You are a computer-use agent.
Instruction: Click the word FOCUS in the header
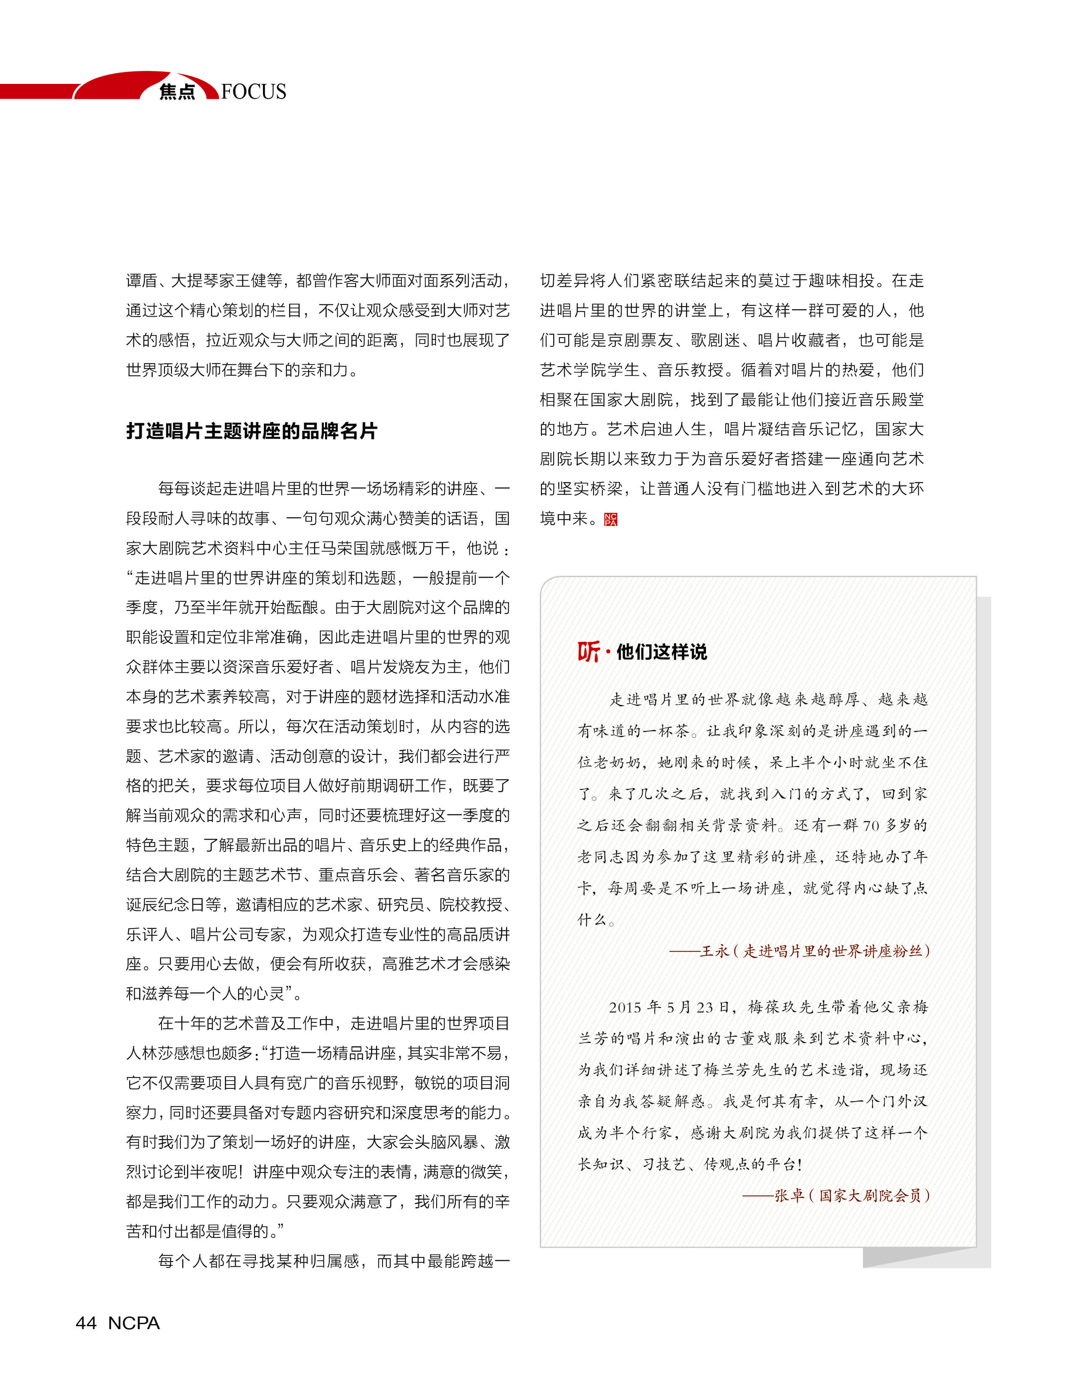click(254, 91)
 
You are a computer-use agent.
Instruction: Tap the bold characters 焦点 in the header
click(177, 92)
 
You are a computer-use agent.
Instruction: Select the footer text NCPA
click(134, 1322)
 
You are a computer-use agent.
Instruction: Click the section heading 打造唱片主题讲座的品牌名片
click(252, 431)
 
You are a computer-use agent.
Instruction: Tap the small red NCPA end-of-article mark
click(610, 519)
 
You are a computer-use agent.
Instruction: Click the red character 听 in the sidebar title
click(588, 651)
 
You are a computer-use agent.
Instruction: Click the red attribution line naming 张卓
click(836, 1195)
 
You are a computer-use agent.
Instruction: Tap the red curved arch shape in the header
click(120, 84)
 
